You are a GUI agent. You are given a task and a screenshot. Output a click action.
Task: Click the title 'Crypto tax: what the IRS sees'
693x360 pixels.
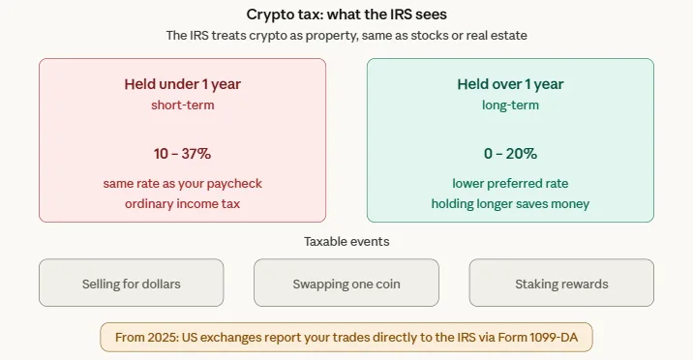pyautogui.click(x=346, y=14)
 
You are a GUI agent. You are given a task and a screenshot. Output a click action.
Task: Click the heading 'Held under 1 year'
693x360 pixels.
pyautogui.click(x=182, y=84)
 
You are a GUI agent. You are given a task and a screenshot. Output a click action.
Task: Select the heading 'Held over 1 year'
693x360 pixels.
pyautogui.click(x=510, y=84)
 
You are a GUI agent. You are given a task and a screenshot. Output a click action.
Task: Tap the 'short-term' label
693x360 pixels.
pyautogui.click(x=182, y=105)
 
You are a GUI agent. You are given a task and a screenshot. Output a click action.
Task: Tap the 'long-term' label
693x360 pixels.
pyautogui.click(x=510, y=105)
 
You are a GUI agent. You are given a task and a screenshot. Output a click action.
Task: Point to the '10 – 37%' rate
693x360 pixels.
pyautogui.click(x=182, y=154)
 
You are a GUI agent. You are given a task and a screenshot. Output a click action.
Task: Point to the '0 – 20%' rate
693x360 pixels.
pyautogui.click(x=510, y=154)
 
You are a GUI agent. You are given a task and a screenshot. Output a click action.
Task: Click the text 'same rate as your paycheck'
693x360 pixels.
pyautogui.click(x=182, y=183)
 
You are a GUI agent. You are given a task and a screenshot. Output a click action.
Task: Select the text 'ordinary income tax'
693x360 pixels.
pyautogui.click(x=182, y=203)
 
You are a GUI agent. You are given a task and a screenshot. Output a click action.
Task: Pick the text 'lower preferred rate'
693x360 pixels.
pyautogui.click(x=510, y=183)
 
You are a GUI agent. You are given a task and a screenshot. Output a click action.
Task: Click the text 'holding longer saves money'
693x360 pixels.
pyautogui.click(x=510, y=203)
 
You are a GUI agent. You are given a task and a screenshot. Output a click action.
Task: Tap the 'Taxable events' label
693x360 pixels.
pyautogui.click(x=346, y=241)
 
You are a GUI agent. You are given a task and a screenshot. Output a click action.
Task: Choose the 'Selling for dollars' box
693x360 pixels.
pyautogui.click(x=132, y=284)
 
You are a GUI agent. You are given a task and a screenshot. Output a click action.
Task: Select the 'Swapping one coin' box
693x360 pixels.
pyautogui.click(x=346, y=284)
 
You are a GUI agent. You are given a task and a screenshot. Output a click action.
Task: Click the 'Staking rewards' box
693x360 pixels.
pyautogui.click(x=562, y=284)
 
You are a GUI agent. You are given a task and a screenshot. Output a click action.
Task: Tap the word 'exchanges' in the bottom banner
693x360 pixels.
pyautogui.click(x=243, y=338)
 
